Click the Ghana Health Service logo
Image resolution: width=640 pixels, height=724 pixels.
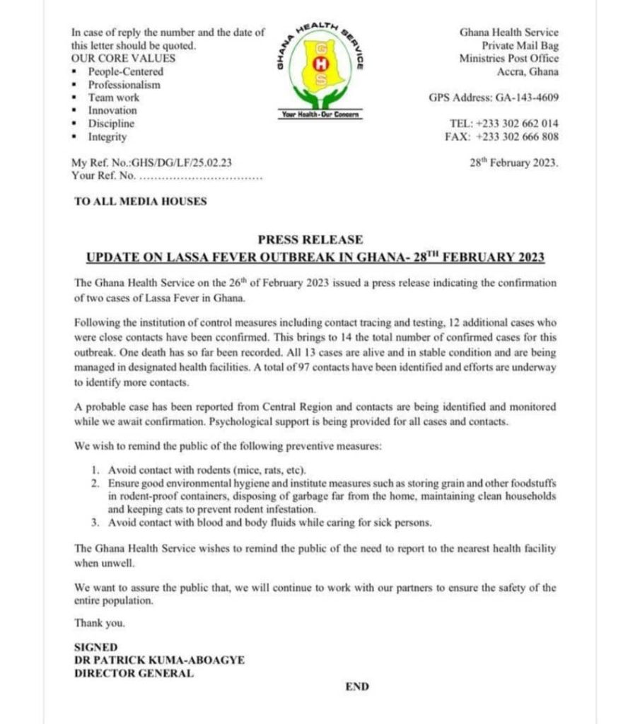[x=320, y=71]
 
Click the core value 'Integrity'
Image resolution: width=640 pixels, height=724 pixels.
[x=107, y=136]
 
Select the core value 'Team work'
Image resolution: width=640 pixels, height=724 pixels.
[x=113, y=98]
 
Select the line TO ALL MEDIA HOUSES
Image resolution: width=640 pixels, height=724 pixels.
[x=141, y=202]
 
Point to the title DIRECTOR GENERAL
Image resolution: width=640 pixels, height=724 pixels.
[x=134, y=673]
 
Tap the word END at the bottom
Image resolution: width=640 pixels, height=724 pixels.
[x=357, y=687]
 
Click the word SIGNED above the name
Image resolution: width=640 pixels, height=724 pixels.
[x=96, y=647]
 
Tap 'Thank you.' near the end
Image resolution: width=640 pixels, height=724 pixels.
[x=99, y=623]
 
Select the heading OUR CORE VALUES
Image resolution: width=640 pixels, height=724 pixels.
[x=123, y=58]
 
